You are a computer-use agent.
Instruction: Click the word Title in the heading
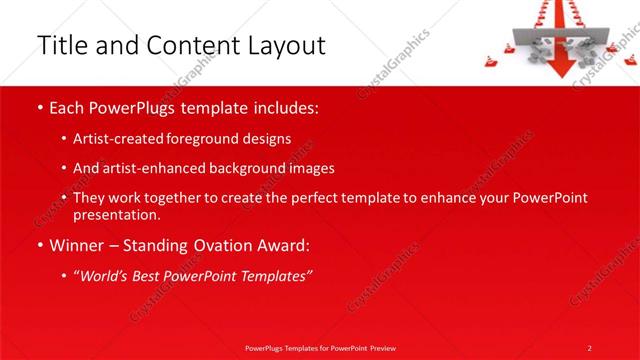click(60, 45)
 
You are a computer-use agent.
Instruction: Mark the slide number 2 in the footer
click(589, 348)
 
